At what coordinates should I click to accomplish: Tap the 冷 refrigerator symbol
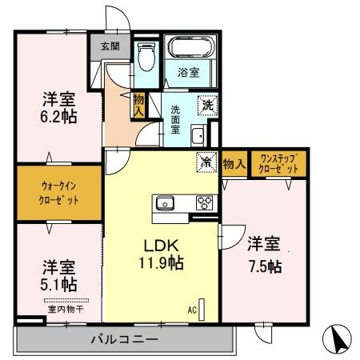(206, 162)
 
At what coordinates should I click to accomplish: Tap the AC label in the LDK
(192, 307)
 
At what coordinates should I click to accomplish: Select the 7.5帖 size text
(263, 266)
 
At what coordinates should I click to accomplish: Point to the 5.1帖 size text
(58, 283)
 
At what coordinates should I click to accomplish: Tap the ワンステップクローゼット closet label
(278, 165)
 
